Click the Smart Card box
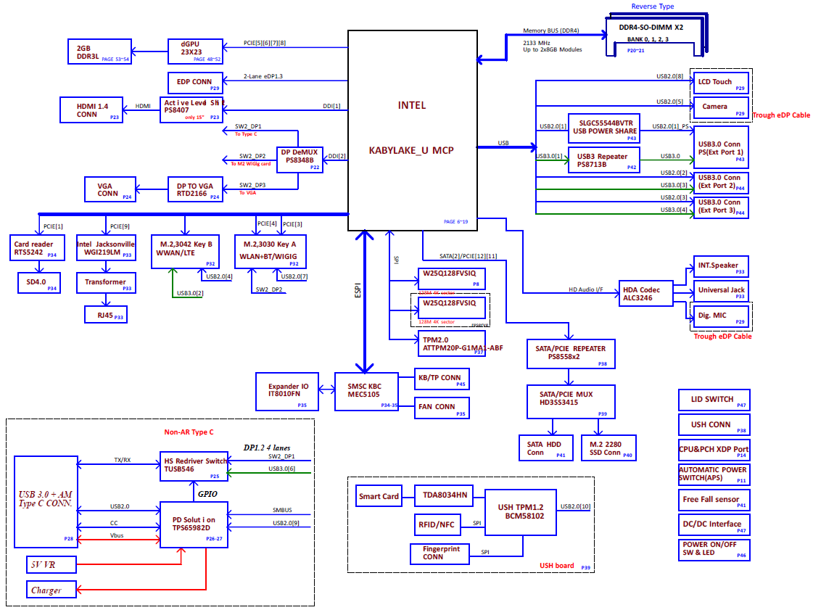coord(379,497)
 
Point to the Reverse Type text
coord(653,7)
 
